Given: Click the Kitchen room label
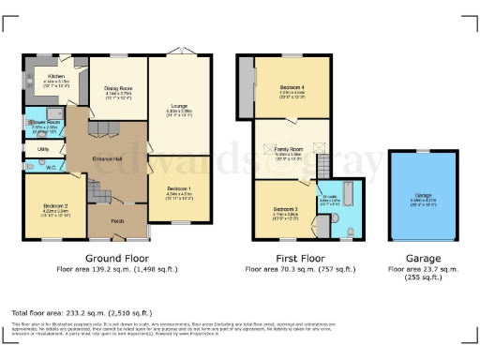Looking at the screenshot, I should (x=54, y=76).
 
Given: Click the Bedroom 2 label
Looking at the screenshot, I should (x=54, y=205).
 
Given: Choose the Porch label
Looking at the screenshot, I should (x=119, y=221).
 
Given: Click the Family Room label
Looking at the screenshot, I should (x=289, y=149).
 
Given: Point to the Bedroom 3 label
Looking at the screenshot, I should (x=285, y=209).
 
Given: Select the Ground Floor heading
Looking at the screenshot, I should (x=113, y=257).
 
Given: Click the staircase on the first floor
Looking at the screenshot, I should (x=322, y=167).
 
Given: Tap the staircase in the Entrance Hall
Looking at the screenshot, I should (x=99, y=192).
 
